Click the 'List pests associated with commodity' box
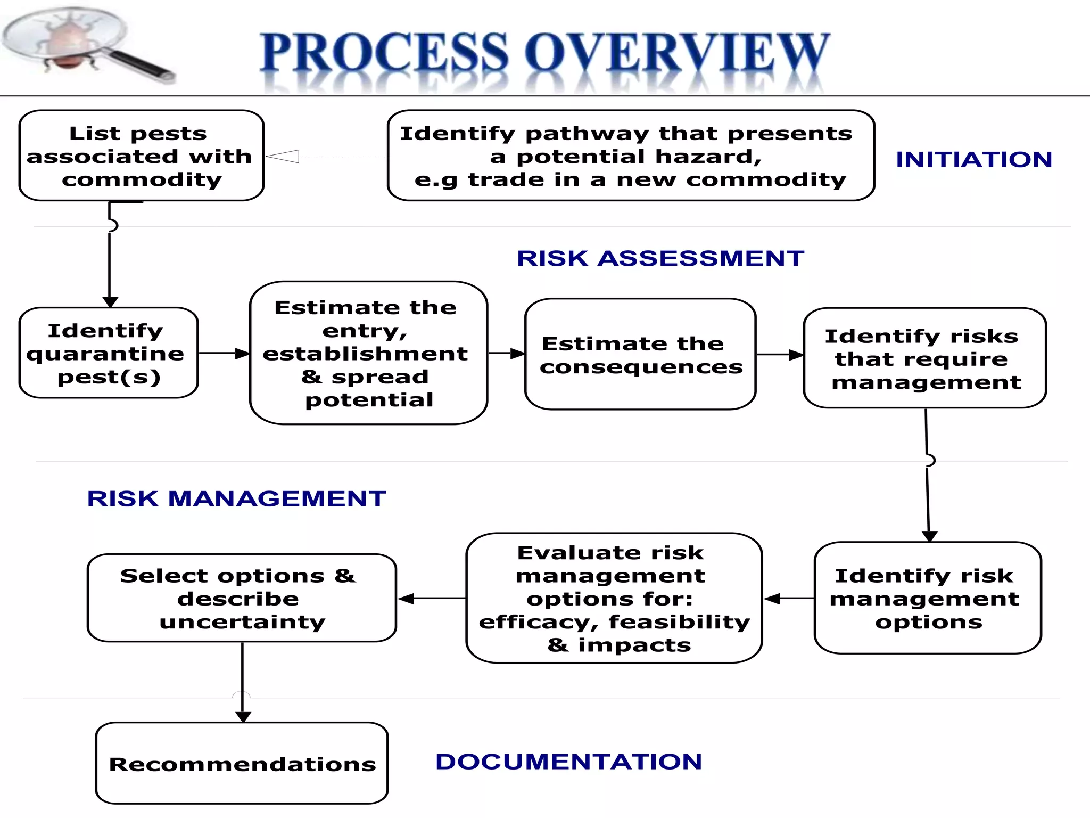click(141, 156)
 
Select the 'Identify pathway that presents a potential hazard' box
click(630, 156)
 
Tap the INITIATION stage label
click(974, 160)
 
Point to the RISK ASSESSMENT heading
click(660, 259)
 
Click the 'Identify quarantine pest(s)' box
click(109, 353)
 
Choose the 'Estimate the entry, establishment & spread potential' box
click(368, 353)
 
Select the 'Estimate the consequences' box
click(640, 354)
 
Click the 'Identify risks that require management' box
click(924, 358)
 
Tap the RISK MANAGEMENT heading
click(236, 499)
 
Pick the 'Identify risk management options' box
click(927, 598)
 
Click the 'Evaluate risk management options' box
click(614, 598)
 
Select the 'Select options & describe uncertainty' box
click(242, 598)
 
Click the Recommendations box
click(242, 763)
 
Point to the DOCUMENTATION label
click(568, 762)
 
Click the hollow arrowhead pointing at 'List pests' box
click(283, 156)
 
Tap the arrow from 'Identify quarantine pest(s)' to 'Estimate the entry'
click(224, 353)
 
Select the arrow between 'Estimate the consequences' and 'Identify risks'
click(780, 355)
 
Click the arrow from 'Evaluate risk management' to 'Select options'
click(432, 599)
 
